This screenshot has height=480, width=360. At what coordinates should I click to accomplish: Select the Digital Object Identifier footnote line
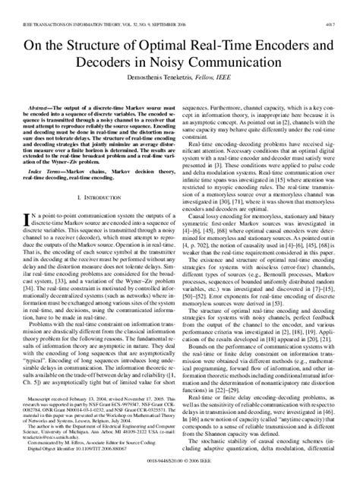[84, 456]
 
